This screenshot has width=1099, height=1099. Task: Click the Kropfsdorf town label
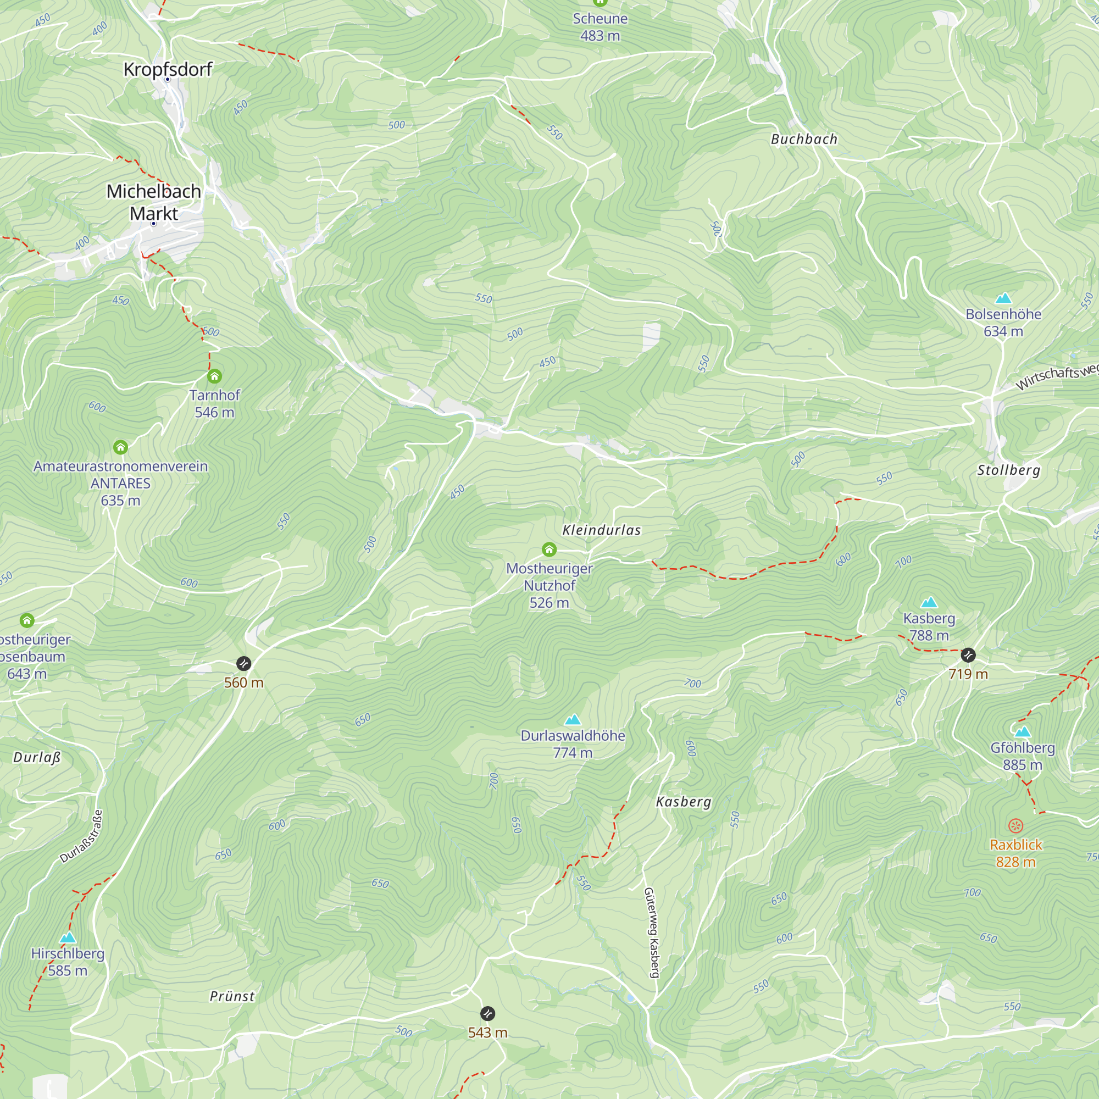168,69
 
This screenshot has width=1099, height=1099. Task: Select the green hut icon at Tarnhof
214,376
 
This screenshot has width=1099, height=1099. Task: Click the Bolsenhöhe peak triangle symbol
1003,298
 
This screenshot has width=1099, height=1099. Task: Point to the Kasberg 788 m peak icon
929,602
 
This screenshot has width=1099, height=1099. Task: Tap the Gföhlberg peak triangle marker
1022,731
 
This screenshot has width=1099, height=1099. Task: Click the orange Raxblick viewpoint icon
1015,825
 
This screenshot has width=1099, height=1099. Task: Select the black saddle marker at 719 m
968,656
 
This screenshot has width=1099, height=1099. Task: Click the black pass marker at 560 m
243,663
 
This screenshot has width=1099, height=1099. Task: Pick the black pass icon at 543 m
487,1013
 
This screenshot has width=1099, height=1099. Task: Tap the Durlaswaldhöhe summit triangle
573,720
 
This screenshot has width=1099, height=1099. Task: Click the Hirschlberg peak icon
68,937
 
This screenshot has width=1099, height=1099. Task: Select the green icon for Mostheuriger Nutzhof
549,549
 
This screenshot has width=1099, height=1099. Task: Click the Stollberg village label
1008,470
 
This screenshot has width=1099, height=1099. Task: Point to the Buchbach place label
804,140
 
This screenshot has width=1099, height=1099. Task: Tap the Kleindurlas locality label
601,530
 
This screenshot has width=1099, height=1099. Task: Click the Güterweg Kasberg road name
652,933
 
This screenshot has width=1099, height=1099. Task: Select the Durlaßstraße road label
82,837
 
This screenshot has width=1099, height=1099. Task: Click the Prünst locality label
232,996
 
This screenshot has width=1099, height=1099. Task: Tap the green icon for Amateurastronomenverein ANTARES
120,447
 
